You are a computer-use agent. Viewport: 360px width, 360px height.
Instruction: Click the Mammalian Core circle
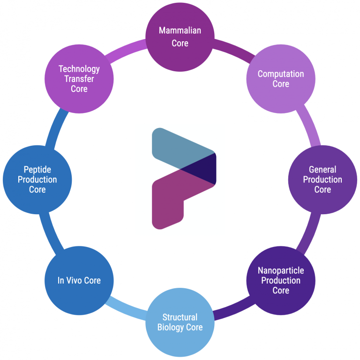click(180, 37)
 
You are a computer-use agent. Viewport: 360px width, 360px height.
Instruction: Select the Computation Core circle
click(281, 79)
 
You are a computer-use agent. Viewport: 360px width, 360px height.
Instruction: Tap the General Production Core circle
click(322, 180)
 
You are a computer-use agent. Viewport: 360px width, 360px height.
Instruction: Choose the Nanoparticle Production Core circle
click(281, 280)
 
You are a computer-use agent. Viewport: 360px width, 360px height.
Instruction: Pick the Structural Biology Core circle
click(180, 322)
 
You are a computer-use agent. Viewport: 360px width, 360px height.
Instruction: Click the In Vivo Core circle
click(79, 280)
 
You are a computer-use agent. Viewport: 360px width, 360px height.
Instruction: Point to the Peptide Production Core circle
click(37, 180)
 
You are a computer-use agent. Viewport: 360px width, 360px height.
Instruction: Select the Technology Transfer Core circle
click(79, 79)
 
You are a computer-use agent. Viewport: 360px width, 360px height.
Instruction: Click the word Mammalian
click(180, 31)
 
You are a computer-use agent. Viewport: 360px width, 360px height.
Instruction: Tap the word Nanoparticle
click(281, 270)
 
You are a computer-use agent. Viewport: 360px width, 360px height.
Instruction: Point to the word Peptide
click(37, 169)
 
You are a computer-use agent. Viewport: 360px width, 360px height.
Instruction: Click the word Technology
click(79, 69)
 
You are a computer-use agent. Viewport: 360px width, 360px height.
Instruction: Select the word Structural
click(180, 317)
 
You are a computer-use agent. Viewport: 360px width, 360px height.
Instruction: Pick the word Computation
click(281, 74)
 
